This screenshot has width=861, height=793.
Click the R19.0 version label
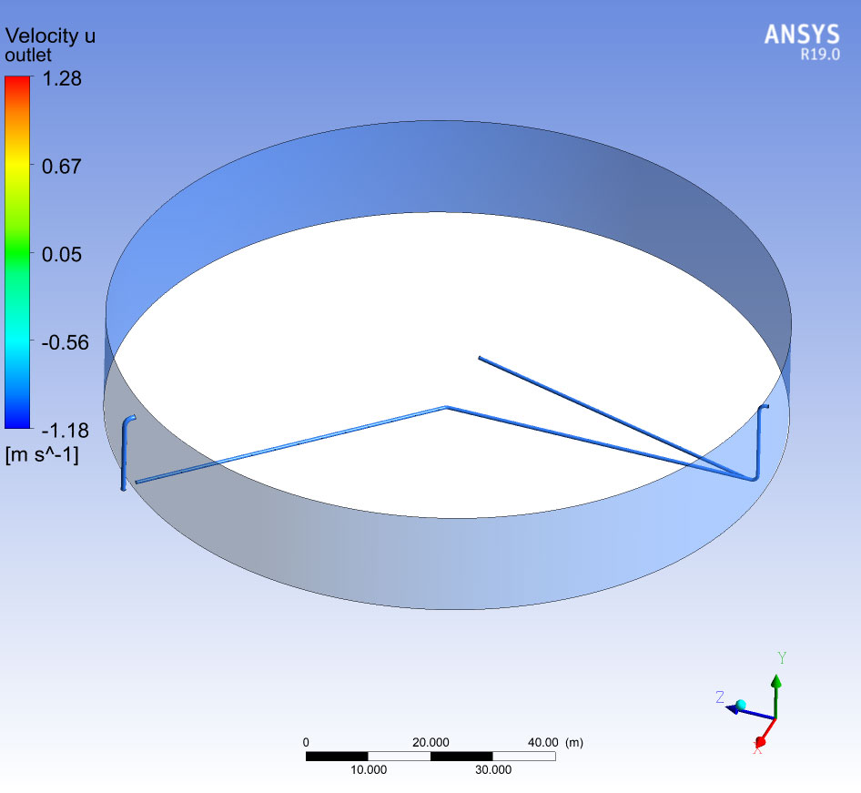pyautogui.click(x=820, y=55)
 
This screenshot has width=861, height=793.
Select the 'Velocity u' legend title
pyautogui.click(x=50, y=36)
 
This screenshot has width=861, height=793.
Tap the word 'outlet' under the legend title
pyautogui.click(x=28, y=55)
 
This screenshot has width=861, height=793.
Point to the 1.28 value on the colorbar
pyautogui.click(x=62, y=78)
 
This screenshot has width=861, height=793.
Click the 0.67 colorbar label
pyautogui.click(x=62, y=167)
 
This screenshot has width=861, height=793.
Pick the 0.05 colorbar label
pyautogui.click(x=62, y=254)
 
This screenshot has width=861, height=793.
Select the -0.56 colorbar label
pyautogui.click(x=66, y=342)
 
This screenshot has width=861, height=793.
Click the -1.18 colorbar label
pyautogui.click(x=66, y=431)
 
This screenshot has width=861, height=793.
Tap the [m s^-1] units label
pyautogui.click(x=42, y=455)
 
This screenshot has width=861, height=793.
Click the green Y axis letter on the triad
pyautogui.click(x=782, y=657)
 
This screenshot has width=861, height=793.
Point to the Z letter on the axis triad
pyautogui.click(x=720, y=696)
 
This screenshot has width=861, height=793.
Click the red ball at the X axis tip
pyautogui.click(x=761, y=742)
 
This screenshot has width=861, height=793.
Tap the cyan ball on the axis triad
pyautogui.click(x=741, y=705)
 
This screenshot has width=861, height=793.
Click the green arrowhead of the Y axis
pyautogui.click(x=775, y=681)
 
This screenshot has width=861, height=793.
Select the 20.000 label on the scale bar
pyautogui.click(x=430, y=743)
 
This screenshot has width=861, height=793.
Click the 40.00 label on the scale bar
pyautogui.click(x=543, y=743)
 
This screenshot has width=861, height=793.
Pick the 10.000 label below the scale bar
pyautogui.click(x=369, y=770)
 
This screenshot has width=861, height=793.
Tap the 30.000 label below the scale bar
pyautogui.click(x=493, y=770)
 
